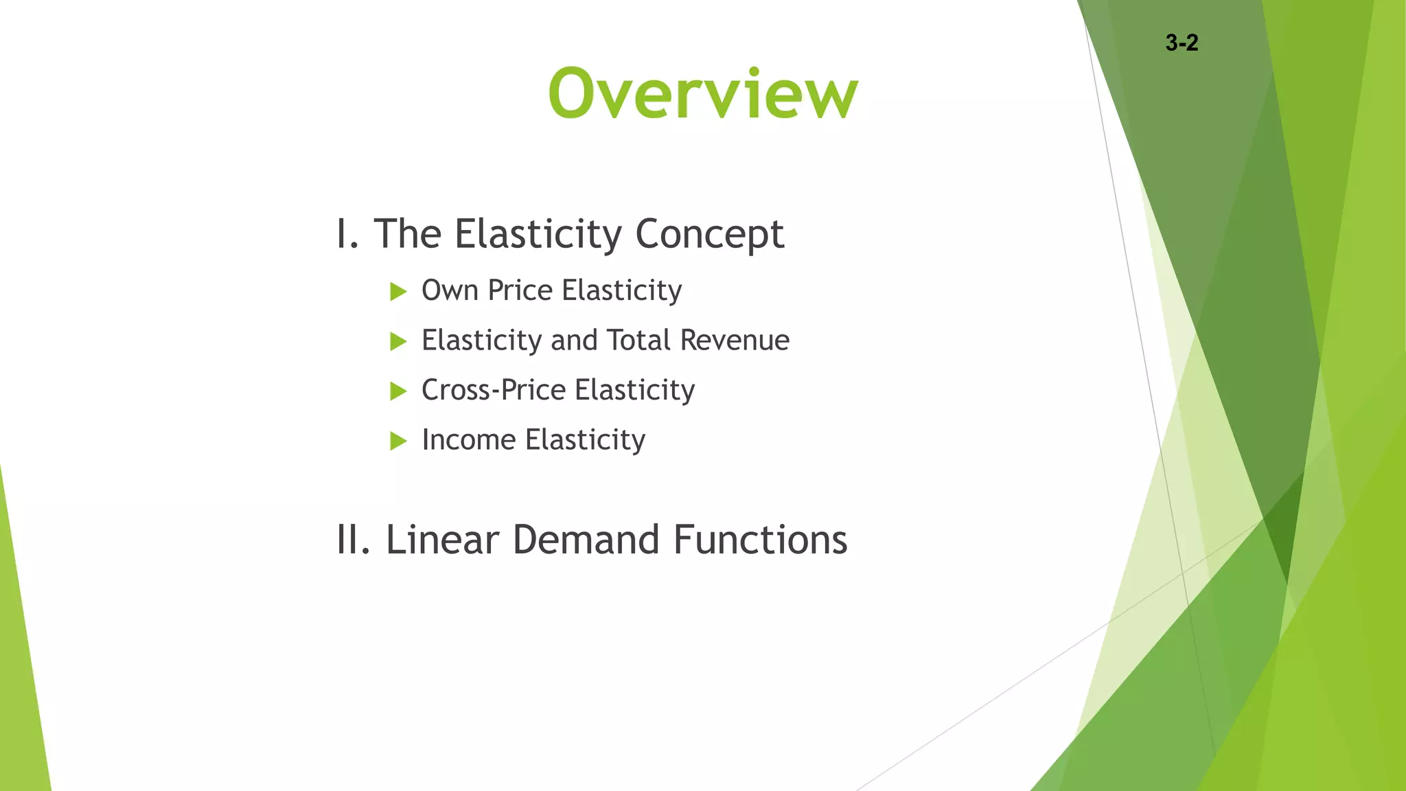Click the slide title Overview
[x=703, y=93]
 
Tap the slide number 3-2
[x=1182, y=43]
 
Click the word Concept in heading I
[x=709, y=235]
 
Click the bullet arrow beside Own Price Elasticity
[x=398, y=292]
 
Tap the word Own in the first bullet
[x=450, y=290]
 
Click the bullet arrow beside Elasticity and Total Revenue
[x=398, y=341]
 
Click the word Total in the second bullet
[x=638, y=341]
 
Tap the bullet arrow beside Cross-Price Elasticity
[x=398, y=391]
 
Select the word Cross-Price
[x=494, y=390]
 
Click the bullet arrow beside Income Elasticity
[x=398, y=441]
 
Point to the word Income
[x=468, y=440]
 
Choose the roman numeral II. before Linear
[x=354, y=540]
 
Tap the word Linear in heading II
[x=442, y=540]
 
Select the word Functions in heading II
[x=760, y=540]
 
